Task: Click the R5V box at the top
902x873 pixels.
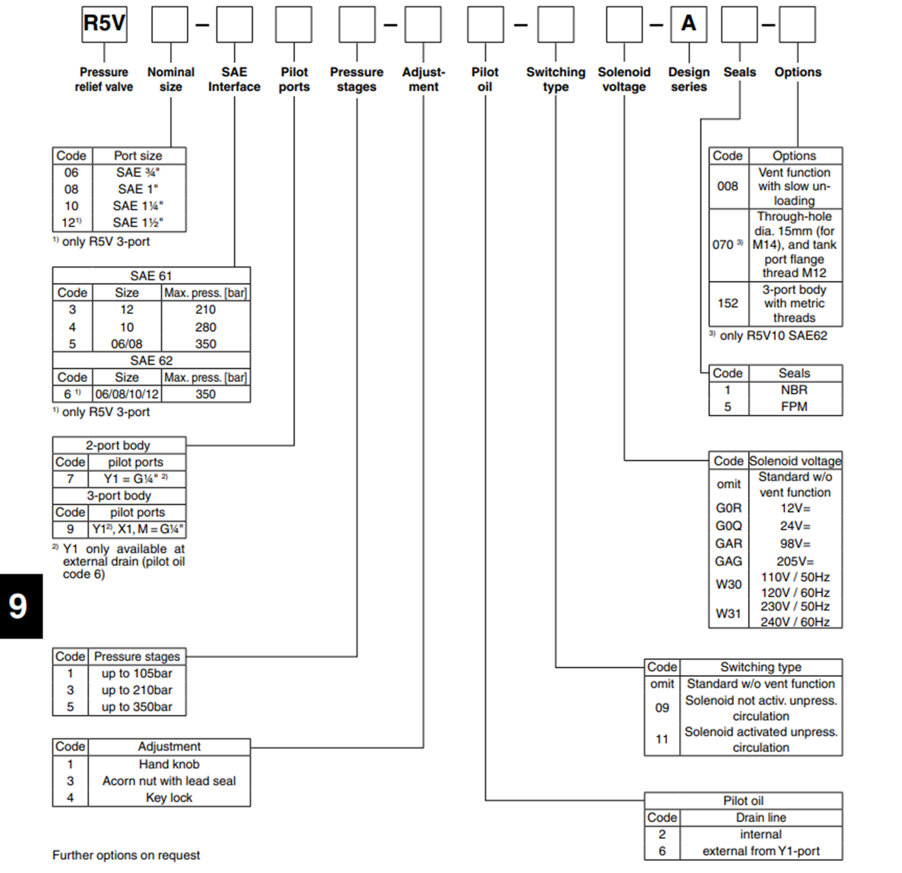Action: coord(104,24)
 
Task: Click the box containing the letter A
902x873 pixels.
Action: coord(688,24)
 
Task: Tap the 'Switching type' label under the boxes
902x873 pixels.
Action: coord(555,79)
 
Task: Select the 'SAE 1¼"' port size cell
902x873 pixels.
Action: coord(138,206)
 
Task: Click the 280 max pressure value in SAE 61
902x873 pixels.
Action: coord(205,327)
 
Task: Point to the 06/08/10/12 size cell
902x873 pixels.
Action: coord(127,394)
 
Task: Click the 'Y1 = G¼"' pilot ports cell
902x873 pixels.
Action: coord(136,479)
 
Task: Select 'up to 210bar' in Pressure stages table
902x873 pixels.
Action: coord(137,690)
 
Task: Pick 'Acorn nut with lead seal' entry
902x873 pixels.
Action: coord(169,781)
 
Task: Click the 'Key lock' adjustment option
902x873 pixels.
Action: coord(169,797)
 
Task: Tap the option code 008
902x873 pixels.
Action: coord(728,186)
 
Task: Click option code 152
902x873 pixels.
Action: coord(728,303)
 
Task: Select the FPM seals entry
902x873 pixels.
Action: coord(794,406)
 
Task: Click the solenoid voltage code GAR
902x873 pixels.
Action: coord(728,543)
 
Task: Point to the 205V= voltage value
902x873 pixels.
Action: coord(795,562)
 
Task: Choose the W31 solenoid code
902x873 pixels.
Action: coord(728,613)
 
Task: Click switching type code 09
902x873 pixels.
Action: coord(662,708)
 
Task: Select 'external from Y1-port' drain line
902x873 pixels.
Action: coord(761,851)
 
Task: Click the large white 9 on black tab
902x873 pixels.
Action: coord(18,606)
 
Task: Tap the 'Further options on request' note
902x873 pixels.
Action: coord(126,855)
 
